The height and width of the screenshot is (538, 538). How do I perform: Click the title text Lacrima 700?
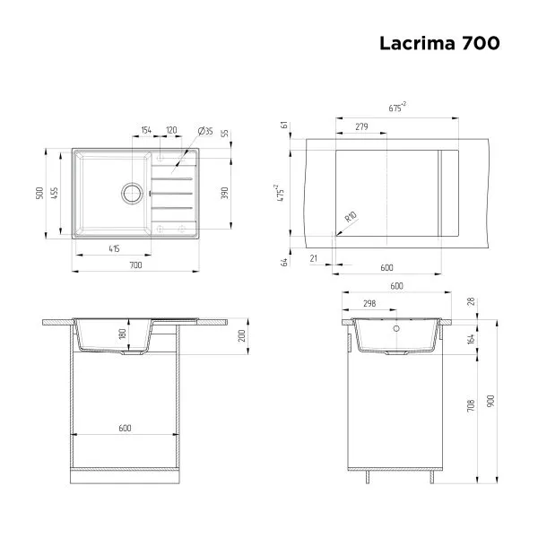[439, 42]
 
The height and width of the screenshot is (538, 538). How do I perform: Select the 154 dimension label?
[146, 130]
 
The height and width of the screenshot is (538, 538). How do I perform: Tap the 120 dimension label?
[170, 130]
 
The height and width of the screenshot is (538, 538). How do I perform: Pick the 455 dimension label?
[56, 193]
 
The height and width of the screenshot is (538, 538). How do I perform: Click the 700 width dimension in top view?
[134, 265]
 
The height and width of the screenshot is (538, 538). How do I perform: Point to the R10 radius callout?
[350, 218]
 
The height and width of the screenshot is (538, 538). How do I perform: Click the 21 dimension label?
[313, 258]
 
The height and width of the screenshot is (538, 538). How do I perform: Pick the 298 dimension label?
[369, 303]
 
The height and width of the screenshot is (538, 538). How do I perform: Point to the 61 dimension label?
[284, 125]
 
